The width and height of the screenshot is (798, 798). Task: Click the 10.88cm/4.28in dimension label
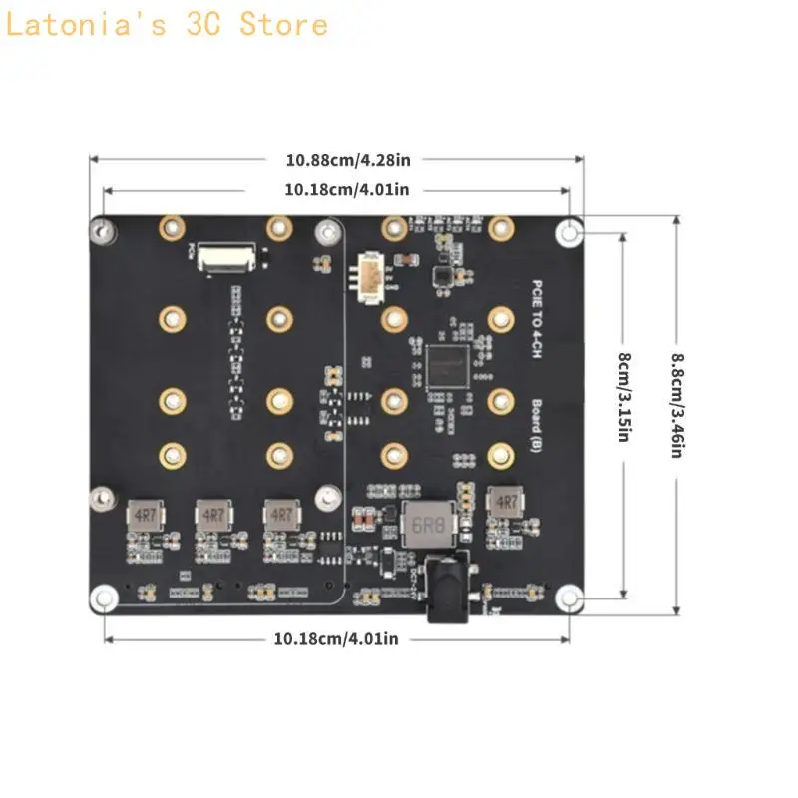(x=334, y=158)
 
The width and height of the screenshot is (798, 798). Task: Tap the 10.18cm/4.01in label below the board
(x=335, y=638)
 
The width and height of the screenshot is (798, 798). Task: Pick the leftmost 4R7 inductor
(x=143, y=514)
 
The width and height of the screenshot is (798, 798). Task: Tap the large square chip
(x=446, y=366)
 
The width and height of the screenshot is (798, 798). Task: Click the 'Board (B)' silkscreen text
(x=536, y=423)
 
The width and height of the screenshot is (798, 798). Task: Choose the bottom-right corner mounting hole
(x=569, y=598)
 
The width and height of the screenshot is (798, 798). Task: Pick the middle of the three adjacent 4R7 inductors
(x=212, y=514)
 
